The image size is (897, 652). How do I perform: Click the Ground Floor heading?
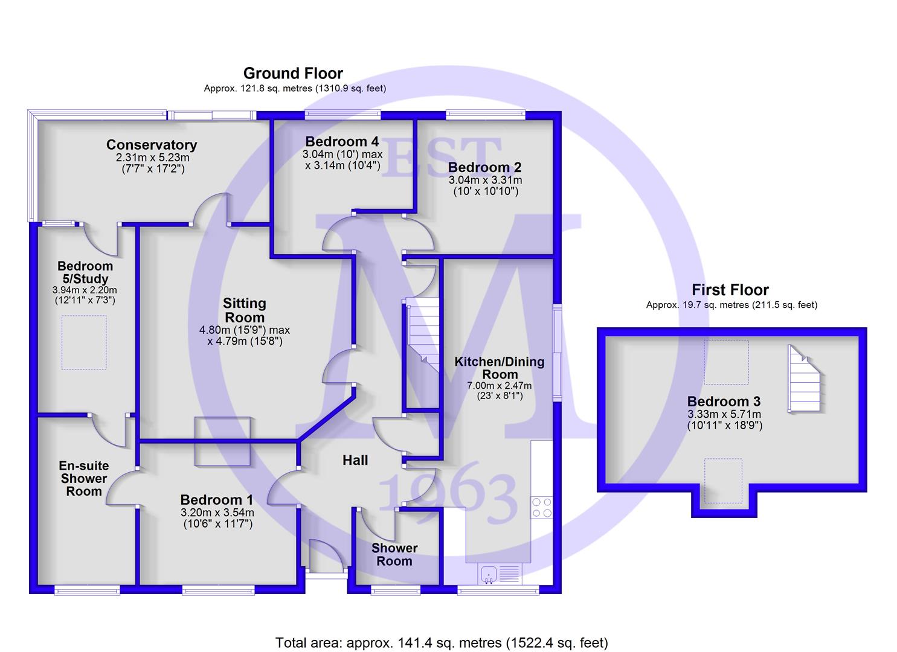coord(293,74)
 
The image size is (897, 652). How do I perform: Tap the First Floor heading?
coord(730,289)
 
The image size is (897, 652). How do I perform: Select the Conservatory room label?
coord(152,144)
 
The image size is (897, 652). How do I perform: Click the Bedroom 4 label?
coord(342,141)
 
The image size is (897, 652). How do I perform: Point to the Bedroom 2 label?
coord(485,167)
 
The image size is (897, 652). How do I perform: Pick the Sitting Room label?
coord(245,310)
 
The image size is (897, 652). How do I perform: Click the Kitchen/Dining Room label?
coord(500,368)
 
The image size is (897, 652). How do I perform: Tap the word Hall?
coord(355,460)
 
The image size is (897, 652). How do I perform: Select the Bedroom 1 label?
coord(217,499)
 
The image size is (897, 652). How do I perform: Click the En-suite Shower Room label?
coord(84,478)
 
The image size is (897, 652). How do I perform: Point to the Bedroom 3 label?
coord(724,401)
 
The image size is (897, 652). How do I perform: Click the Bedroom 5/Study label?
coord(85,272)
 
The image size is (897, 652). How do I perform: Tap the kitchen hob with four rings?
coord(542,508)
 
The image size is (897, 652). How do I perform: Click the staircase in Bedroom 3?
coord(804,379)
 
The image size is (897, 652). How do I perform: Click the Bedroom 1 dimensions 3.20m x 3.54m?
coord(217,513)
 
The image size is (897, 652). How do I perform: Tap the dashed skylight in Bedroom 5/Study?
coord(84,342)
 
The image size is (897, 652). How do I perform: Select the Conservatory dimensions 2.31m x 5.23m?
coord(153,158)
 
